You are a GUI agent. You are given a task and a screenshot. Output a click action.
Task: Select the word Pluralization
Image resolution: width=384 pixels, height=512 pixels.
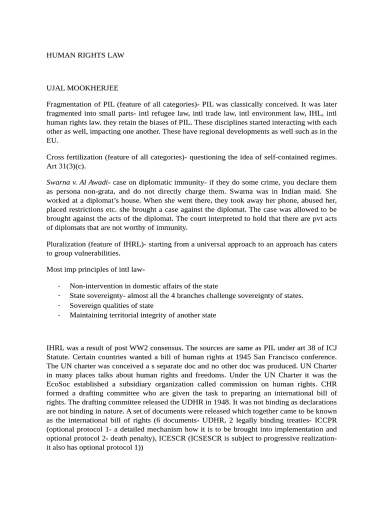(x=68, y=244)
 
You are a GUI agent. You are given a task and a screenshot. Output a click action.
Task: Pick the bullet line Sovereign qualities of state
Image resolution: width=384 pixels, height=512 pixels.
(x=111, y=305)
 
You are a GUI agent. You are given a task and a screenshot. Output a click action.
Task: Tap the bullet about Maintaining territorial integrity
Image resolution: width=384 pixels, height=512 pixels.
(x=142, y=315)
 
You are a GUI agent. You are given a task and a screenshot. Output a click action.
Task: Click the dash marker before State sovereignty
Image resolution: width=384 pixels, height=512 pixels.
(x=59, y=295)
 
